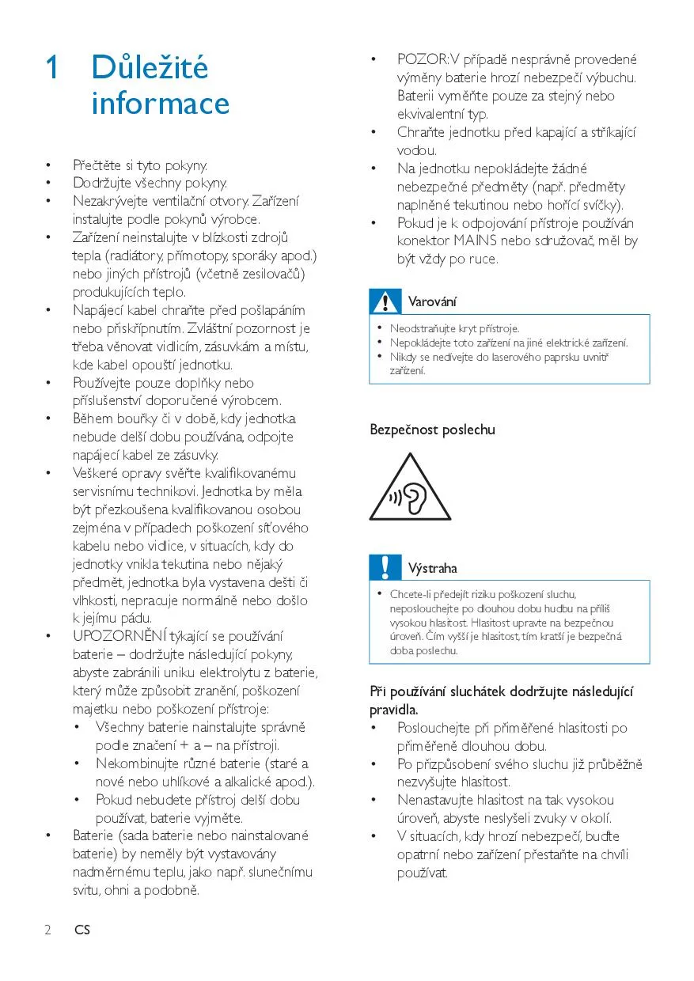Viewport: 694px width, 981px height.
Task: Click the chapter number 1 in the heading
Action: pos(51,68)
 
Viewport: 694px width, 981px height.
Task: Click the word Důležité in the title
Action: pos(150,68)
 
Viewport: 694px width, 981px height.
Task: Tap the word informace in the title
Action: pos(161,104)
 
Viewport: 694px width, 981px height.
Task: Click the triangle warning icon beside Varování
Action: pos(385,301)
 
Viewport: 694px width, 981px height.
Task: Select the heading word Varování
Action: pos(432,301)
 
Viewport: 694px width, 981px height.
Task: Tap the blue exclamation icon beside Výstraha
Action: pos(385,567)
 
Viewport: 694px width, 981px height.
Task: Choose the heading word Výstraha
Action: pos(432,568)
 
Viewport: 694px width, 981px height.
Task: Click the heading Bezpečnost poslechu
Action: pos(432,430)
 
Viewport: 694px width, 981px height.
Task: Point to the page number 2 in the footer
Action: pos(47,930)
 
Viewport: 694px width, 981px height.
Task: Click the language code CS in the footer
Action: pos(82,930)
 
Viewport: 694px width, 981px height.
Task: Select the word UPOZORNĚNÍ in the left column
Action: pos(119,636)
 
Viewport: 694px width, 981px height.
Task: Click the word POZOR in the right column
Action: pos(422,59)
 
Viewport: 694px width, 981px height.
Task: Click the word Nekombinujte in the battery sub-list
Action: pos(137,763)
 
